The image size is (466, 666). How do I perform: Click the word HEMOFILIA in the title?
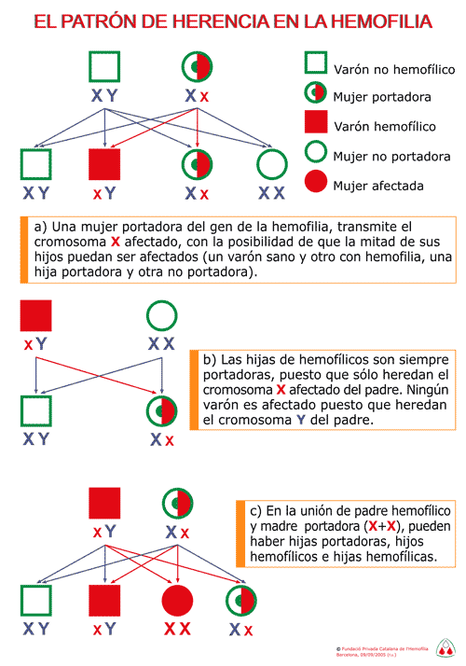[381, 21]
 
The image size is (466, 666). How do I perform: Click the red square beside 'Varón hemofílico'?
[316, 122]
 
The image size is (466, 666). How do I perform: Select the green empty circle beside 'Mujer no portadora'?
[316, 151]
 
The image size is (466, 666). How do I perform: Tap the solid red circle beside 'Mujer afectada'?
[316, 181]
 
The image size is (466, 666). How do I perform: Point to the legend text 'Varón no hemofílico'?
[394, 69]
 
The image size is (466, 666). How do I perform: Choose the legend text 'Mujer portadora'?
[382, 97]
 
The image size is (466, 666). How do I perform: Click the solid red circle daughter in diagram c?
[177, 600]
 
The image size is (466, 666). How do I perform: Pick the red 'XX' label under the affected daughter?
[177, 629]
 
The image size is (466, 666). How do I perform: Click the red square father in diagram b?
[36, 315]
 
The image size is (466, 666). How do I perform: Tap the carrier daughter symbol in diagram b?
[161, 411]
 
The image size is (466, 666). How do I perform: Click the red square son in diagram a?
[104, 164]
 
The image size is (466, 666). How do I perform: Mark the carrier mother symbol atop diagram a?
[197, 66]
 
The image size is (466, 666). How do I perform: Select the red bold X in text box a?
[116, 242]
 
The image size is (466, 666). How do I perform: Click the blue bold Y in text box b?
[301, 420]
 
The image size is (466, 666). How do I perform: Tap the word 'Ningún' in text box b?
[428, 390]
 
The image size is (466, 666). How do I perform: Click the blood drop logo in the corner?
[445, 647]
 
